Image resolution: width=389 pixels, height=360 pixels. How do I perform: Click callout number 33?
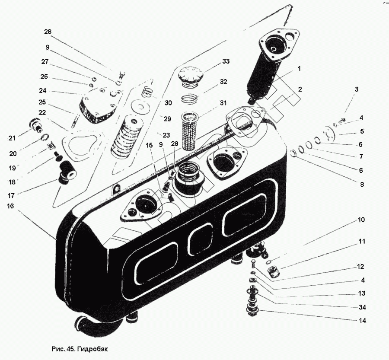[225, 61]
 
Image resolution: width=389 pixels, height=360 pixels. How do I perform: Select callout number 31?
[223, 103]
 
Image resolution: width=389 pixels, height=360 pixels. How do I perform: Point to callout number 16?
[10, 207]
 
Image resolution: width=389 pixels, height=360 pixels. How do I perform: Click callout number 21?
[12, 138]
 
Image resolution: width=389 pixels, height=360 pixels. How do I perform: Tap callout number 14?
[362, 321]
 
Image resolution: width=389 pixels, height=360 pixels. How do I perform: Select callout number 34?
[362, 307]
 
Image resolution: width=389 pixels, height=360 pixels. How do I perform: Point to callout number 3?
[356, 89]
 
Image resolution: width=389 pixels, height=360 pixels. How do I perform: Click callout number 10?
[361, 220]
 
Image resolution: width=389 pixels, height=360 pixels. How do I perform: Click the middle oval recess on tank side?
[200, 237]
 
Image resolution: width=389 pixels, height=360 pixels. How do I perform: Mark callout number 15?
[150, 145]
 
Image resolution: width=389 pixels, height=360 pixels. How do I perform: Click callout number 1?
[299, 69]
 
